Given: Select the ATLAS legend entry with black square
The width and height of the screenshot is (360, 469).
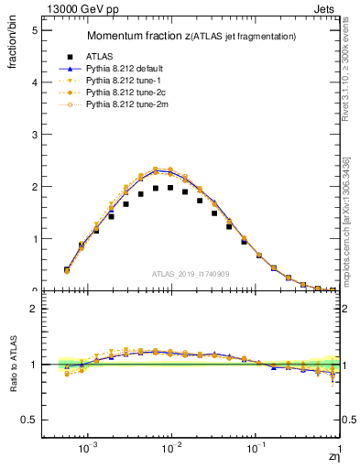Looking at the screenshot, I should coord(98,56).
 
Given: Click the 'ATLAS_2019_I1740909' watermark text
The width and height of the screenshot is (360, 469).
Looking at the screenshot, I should coord(191,274).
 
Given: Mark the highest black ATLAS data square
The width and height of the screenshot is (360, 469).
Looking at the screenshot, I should coord(170,188).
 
